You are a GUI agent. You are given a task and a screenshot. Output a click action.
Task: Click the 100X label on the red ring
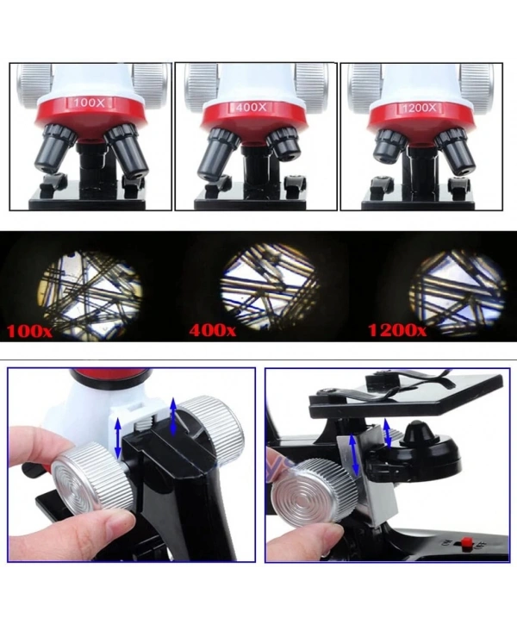89,103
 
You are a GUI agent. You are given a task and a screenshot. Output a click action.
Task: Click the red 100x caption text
32,330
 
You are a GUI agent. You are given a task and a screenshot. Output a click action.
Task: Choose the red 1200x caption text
396,330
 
